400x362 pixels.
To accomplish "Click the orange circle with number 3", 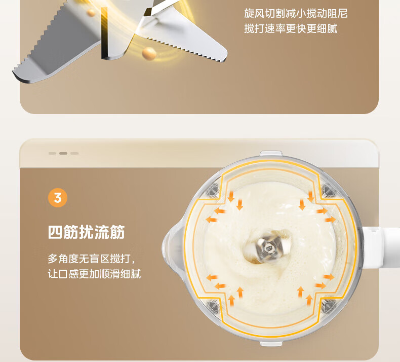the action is pyautogui.click(x=58, y=198).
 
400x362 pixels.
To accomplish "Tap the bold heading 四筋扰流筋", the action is pyautogui.click(x=86, y=232).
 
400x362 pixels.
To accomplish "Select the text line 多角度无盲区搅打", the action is pyautogui.click(x=91, y=259).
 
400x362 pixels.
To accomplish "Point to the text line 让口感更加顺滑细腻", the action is pyautogui.click(x=94, y=274).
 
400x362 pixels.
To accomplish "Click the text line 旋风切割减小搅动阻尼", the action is pyautogui.click(x=296, y=13).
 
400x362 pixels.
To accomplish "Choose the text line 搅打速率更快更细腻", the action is pyautogui.click(x=291, y=28).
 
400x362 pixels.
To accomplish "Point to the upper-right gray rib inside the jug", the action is pyautogui.click(x=328, y=190).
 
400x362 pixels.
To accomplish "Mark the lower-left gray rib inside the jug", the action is pyautogui.click(x=213, y=306).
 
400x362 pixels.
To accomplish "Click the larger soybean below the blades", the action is pyautogui.click(x=149, y=54).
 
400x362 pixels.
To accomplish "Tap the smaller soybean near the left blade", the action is pyautogui.click(x=91, y=12).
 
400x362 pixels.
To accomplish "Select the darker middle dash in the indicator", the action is pyautogui.click(x=63, y=153).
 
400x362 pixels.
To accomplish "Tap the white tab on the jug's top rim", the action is pyautogui.click(x=271, y=153).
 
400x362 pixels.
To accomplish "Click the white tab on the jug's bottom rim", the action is pyautogui.click(x=271, y=343).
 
